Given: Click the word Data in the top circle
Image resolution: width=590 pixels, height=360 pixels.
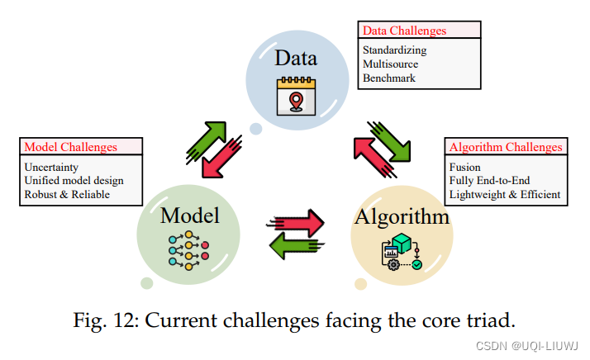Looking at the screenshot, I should coord(296,59).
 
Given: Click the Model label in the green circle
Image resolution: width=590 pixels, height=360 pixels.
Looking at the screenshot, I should coord(190,216).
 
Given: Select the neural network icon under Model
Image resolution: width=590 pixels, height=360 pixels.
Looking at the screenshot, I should coord(190,250).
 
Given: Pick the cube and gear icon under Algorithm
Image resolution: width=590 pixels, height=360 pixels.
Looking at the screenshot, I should coord(401,253).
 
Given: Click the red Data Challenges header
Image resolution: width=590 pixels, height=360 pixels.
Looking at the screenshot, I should coord(404,31).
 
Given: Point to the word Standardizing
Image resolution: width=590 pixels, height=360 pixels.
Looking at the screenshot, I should coord(394,50).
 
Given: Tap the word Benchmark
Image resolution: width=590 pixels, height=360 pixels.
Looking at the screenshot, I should coord(388,78).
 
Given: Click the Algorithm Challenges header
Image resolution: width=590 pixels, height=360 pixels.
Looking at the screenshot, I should coord(505,147).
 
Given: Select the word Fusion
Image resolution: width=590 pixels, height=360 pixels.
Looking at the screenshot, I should coord(465,168).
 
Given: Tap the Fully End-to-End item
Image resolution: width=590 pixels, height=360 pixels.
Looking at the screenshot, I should coord(490,181).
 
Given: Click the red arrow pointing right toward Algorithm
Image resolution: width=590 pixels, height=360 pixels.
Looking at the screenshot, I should coord(296,223).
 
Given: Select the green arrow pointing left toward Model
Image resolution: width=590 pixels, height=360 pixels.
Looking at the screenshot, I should coord(296,248).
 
